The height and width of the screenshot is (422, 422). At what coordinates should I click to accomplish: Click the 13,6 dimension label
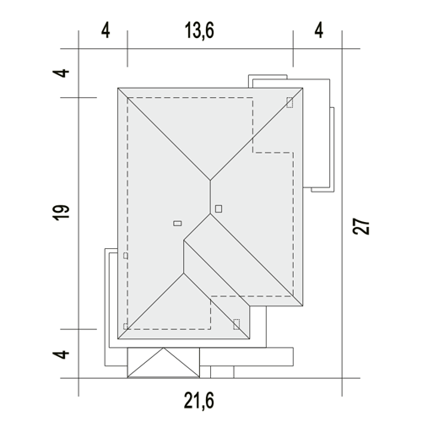(199, 30)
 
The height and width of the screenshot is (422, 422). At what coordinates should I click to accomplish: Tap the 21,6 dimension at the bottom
(199, 401)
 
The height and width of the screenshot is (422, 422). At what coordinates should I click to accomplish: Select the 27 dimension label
(361, 226)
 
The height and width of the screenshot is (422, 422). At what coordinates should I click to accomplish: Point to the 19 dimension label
(61, 213)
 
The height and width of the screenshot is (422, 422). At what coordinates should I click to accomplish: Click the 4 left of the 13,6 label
(105, 30)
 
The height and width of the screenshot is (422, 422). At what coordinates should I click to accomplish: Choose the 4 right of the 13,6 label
(318, 30)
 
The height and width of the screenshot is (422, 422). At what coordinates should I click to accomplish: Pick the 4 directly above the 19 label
(61, 73)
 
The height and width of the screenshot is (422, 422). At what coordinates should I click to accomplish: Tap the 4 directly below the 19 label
(61, 354)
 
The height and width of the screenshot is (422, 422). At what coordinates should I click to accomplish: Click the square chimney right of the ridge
(219, 208)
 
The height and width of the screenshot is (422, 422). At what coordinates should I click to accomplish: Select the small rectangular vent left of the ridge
(177, 224)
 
